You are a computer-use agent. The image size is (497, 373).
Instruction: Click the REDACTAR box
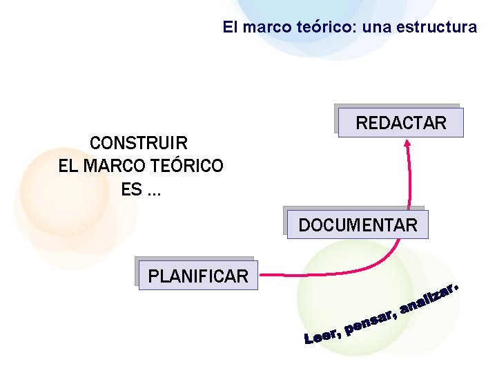pyautogui.click(x=401, y=123)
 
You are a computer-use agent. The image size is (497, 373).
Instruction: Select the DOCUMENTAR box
pyautogui.click(x=358, y=225)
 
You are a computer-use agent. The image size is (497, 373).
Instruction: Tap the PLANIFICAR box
pyautogui.click(x=198, y=276)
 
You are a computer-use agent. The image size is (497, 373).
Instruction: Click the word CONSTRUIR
pyautogui.click(x=139, y=144)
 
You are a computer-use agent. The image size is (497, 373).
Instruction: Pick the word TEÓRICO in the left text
pyautogui.click(x=187, y=166)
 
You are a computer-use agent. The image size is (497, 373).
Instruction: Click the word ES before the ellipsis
pyautogui.click(x=130, y=189)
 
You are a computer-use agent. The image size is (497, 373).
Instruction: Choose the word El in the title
pyautogui.click(x=229, y=28)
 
